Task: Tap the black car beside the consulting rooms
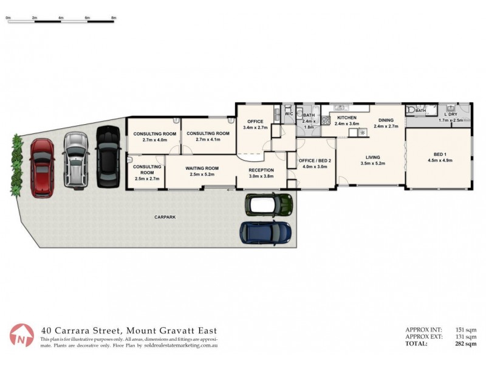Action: coord(108,156)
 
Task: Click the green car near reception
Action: coord(269,204)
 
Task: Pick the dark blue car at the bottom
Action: coord(265,232)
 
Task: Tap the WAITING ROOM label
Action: coord(203,169)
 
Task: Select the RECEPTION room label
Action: coord(261,170)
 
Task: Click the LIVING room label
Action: coord(373,157)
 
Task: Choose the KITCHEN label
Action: coord(347,117)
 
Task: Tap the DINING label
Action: coord(386,120)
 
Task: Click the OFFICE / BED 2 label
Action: coord(314,160)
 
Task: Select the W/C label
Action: coord(289,114)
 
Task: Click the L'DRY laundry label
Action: coord(451,114)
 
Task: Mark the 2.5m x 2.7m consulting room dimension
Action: coord(146,179)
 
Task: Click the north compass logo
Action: coord(21,335)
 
